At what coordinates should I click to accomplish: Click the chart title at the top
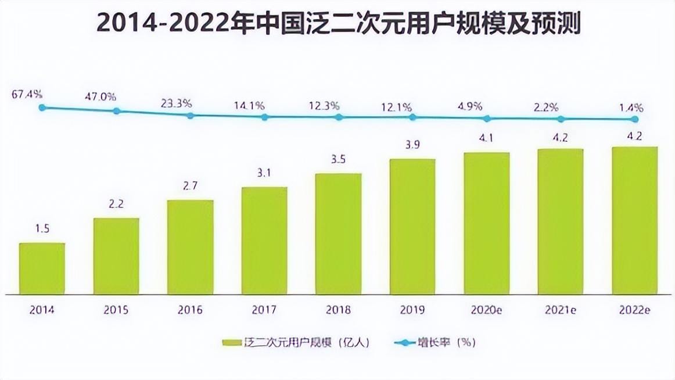click(338, 24)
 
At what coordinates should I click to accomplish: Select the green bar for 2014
click(42, 268)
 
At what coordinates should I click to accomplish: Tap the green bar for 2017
click(264, 241)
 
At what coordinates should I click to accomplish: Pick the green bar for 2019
click(412, 227)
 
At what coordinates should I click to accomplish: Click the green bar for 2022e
click(635, 220)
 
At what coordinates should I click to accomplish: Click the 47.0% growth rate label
click(100, 96)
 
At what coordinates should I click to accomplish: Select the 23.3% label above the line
click(177, 103)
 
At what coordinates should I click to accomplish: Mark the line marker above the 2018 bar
click(339, 117)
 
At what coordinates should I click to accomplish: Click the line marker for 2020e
click(487, 119)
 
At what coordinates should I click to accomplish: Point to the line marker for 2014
click(42, 107)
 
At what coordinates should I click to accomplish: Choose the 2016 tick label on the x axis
click(190, 310)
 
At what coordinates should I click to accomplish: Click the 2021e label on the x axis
click(561, 310)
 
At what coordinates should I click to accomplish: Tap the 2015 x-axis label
click(116, 310)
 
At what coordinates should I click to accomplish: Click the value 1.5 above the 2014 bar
click(41, 230)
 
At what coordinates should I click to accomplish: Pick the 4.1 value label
click(486, 139)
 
